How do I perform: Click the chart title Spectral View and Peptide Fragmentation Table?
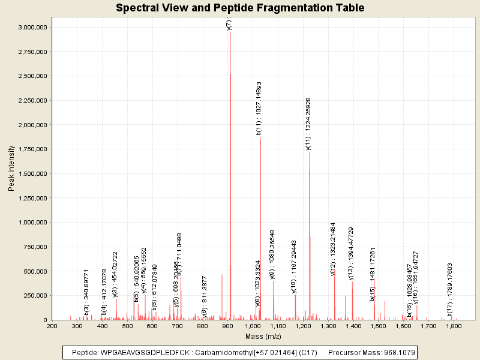[x=240, y=8]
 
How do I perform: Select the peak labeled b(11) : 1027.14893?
[x=260, y=210]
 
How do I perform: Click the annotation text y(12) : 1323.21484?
[x=333, y=248]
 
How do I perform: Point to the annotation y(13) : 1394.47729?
[x=351, y=253]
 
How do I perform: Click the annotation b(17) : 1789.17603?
[x=449, y=289]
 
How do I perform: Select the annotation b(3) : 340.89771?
[x=86, y=292]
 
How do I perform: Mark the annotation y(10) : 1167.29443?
[x=294, y=266]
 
